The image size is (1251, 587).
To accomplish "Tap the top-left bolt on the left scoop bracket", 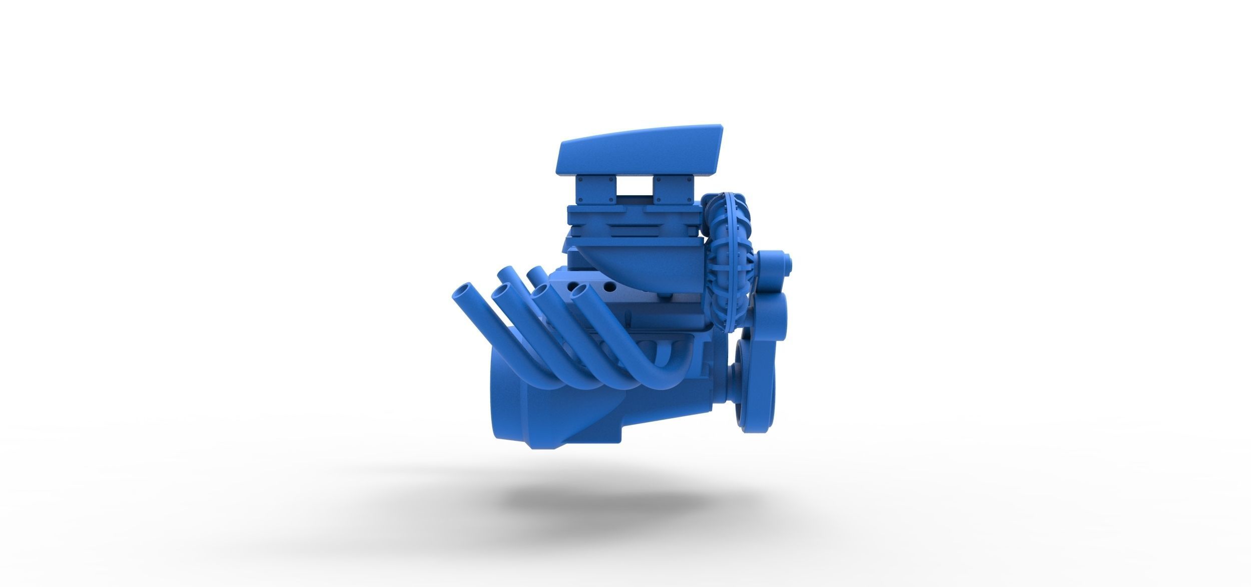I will (581, 178).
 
